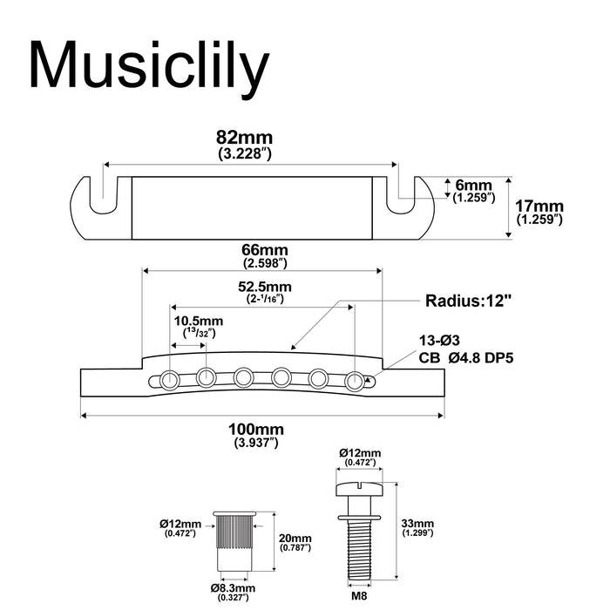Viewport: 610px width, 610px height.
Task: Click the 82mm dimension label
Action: pos(245,138)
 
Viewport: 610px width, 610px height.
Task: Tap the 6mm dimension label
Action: pos(473,185)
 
